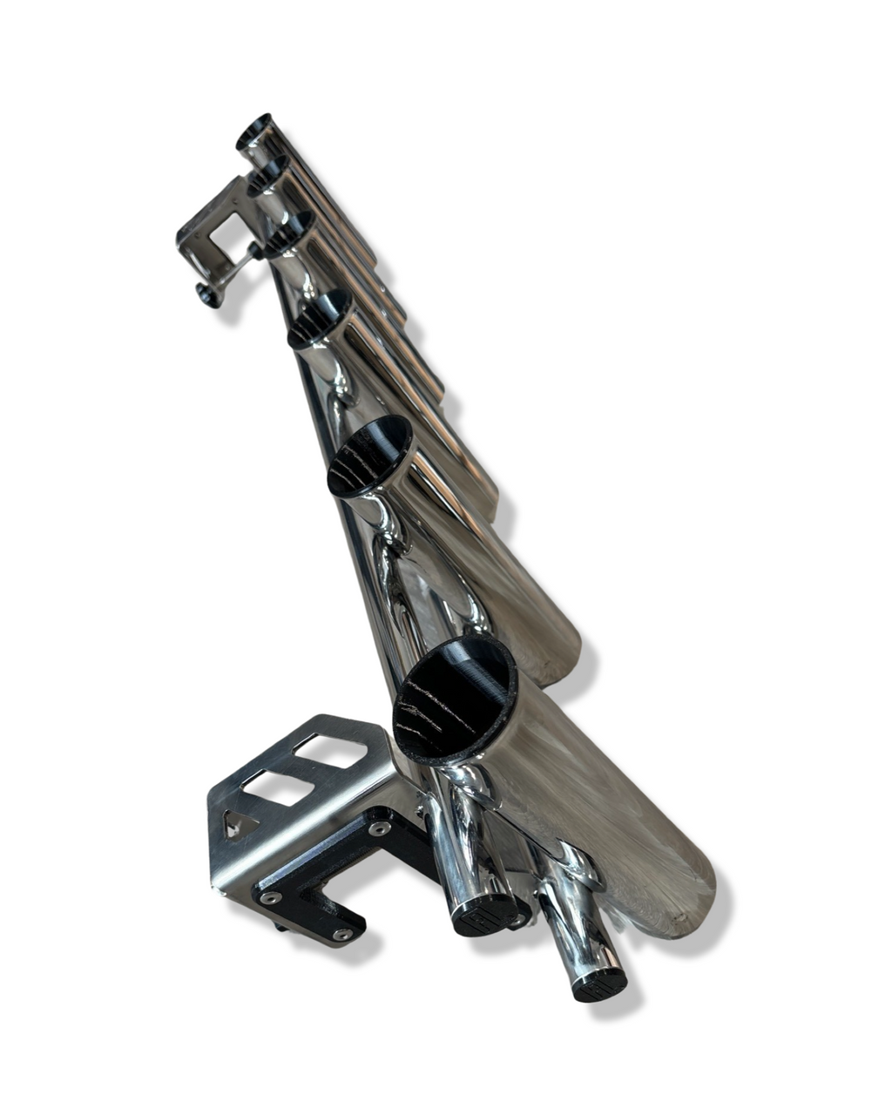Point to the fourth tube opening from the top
[320, 318]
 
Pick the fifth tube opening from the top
[370, 455]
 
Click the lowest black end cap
[599, 982]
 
